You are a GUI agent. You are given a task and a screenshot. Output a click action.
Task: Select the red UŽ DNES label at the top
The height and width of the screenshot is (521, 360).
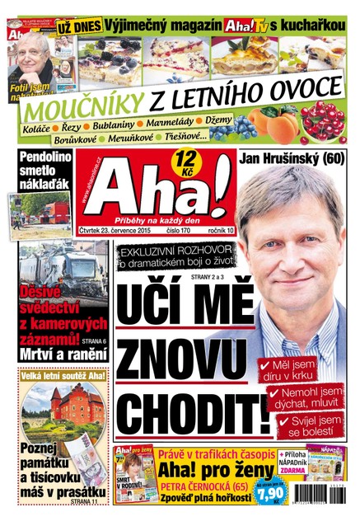coord(81,26)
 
